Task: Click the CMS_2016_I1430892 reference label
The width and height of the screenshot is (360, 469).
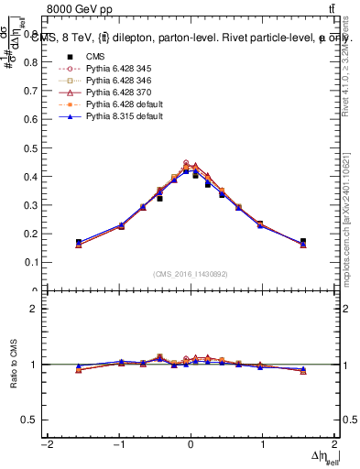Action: click(x=190, y=274)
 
